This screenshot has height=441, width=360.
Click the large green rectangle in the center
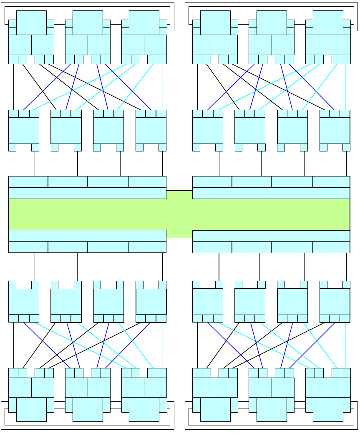tap(179, 214)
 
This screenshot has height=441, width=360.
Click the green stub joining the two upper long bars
tap(179, 194)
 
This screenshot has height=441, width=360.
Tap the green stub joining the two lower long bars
tap(179, 234)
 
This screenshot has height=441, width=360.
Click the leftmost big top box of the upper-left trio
tap(31, 23)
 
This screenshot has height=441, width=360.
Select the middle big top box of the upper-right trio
tap(272, 23)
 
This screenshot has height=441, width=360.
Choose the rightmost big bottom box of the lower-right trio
tap(328, 409)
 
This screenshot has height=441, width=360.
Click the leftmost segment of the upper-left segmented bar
tap(28, 182)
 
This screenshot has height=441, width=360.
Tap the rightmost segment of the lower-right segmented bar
tap(331, 247)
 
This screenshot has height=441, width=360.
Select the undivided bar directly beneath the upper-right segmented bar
tap(271, 193)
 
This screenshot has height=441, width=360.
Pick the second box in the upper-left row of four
tap(66, 131)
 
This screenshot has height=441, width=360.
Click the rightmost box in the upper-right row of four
tap(335, 131)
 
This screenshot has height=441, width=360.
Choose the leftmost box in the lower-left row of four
tap(24, 301)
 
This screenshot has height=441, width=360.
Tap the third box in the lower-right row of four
tap(292, 301)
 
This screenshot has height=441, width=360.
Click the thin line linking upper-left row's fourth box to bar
tap(162, 164)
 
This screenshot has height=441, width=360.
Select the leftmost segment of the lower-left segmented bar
tap(28, 247)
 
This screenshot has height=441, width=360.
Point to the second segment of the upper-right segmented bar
tap(252, 182)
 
